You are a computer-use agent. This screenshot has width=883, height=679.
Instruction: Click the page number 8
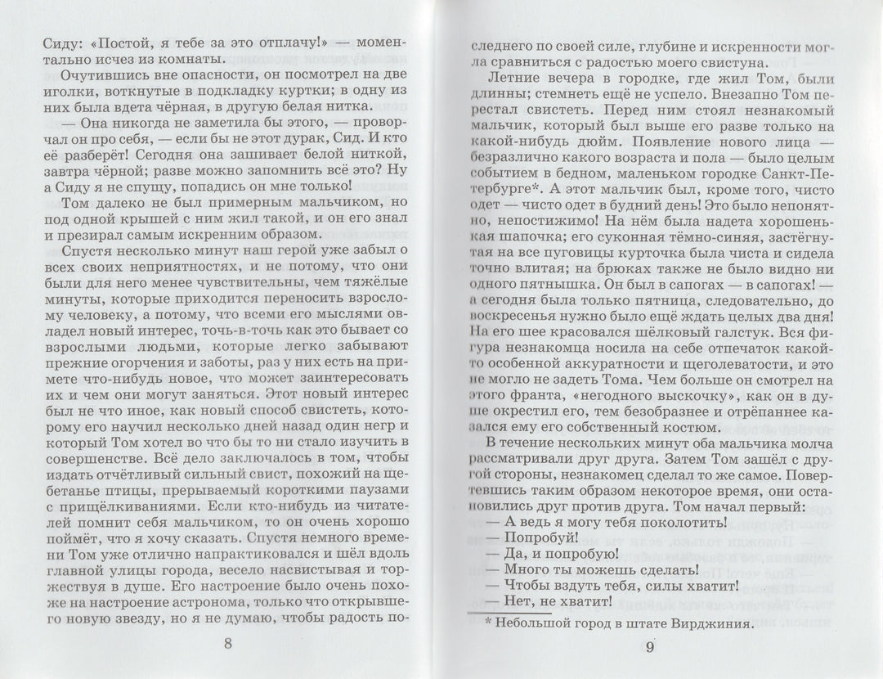point(227,644)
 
